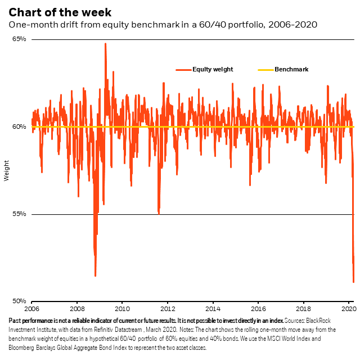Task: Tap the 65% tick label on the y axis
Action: click(20, 39)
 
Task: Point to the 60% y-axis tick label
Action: click(20, 127)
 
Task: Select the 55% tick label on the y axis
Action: click(20, 214)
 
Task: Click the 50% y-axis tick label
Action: click(20, 301)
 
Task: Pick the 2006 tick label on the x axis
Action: click(31, 309)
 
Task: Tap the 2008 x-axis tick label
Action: click(77, 309)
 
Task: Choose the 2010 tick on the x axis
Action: click(122, 309)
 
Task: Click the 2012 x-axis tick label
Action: click(167, 309)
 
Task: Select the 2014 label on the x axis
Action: click(213, 309)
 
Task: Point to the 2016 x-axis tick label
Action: click(258, 309)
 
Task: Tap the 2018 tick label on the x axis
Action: click(303, 309)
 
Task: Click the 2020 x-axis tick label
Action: click(348, 309)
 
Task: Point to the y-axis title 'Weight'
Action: click(7, 170)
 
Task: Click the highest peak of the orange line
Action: click(105, 44)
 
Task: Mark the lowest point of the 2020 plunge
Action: click(353, 282)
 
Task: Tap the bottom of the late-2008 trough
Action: click(95, 276)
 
